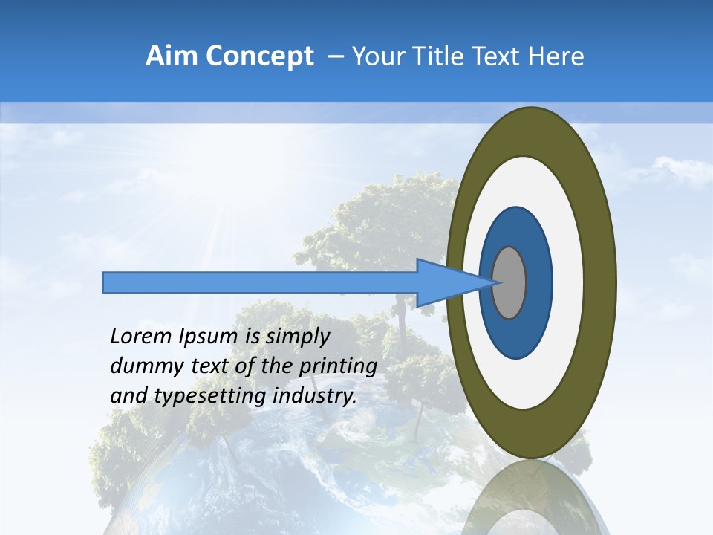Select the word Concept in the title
pos(259,56)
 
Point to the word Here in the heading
pos(556,56)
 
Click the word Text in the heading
pos(500,56)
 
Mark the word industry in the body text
pos(315,396)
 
